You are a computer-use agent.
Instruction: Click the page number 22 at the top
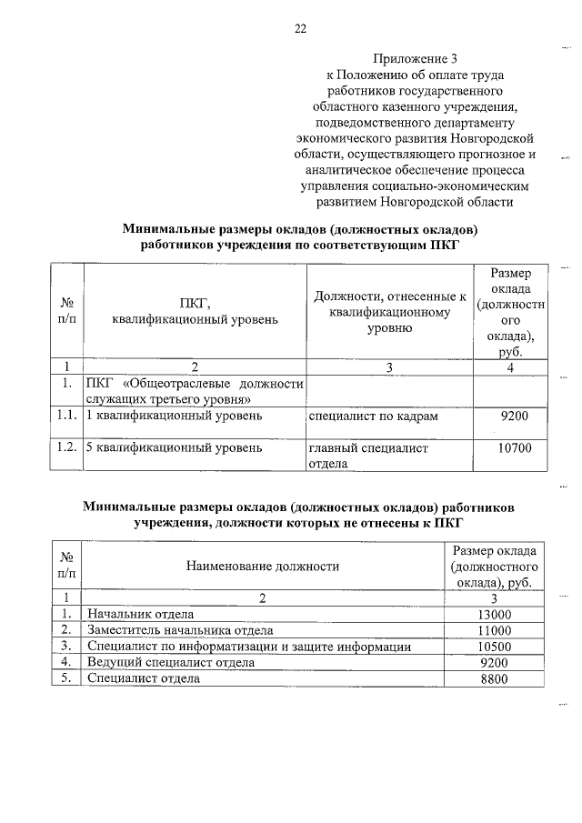(x=300, y=28)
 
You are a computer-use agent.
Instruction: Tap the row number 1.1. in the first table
(x=65, y=417)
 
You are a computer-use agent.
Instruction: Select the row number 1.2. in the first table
(x=65, y=448)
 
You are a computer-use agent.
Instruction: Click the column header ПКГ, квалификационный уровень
(x=195, y=311)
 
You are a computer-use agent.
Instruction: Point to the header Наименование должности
(x=263, y=567)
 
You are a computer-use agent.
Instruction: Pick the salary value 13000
(x=495, y=615)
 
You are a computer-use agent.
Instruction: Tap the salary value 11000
(x=495, y=630)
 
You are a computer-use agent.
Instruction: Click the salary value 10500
(x=495, y=647)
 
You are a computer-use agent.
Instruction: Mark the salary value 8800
(x=495, y=678)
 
